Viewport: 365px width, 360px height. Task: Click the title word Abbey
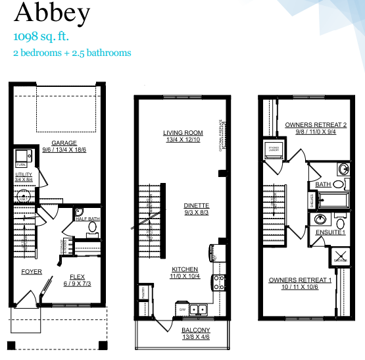click(44, 13)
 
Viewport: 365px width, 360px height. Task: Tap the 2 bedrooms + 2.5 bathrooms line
click(72, 53)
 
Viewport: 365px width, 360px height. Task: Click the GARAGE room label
click(64, 143)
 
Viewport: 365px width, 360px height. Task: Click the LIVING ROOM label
click(182, 132)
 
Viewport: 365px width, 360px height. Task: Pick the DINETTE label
click(196, 205)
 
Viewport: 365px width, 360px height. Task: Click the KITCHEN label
click(185, 269)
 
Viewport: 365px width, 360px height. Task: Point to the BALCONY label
click(196, 330)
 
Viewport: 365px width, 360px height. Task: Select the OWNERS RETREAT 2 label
click(316, 124)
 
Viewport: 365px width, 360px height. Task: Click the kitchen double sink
click(198, 309)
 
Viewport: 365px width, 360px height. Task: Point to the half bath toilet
click(92, 228)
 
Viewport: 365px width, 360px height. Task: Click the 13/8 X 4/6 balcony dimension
click(196, 338)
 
